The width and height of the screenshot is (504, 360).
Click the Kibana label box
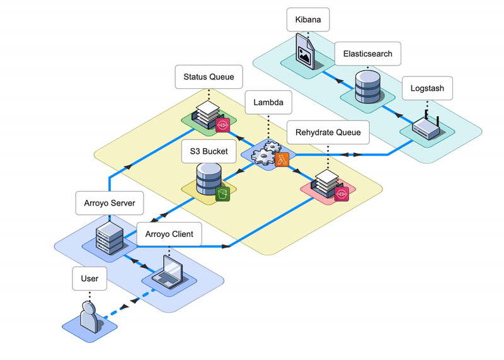[308, 20]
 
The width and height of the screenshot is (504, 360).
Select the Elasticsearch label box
[367, 54]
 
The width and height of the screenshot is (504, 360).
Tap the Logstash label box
[427, 88]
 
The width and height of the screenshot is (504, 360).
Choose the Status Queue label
[209, 77]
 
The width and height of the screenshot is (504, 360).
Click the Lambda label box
[268, 102]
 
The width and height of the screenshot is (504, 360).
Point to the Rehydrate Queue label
[328, 132]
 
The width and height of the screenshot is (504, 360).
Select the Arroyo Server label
[110, 203]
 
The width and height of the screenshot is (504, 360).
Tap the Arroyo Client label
[169, 234]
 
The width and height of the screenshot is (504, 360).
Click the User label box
[89, 278]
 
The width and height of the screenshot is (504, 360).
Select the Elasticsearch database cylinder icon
[367, 87]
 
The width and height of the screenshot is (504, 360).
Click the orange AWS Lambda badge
[282, 160]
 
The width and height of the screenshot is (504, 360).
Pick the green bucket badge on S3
[222, 194]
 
